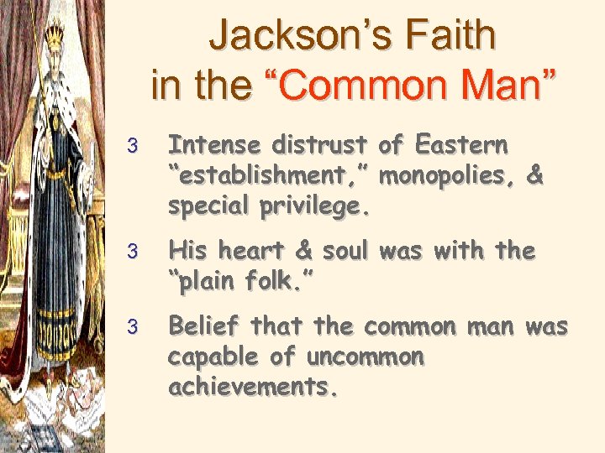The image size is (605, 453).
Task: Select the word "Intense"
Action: point(215,146)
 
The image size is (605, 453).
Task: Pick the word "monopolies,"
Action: point(449,177)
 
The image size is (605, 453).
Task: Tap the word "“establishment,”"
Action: point(270,177)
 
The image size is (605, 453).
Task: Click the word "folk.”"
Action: point(278,282)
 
